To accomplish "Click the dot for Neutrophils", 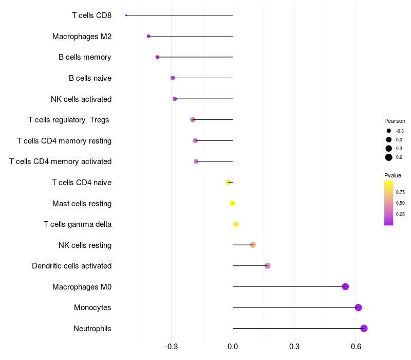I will coord(364,329).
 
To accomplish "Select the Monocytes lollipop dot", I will coord(358,308).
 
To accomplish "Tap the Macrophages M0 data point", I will coord(345,286).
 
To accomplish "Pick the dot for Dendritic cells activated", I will coord(267,266).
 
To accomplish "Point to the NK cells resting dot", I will coord(253,245).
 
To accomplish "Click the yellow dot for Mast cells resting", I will coord(232,203).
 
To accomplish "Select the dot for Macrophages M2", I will coord(148,37).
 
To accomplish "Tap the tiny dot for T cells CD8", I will coord(126,15).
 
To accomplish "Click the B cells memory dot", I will coord(157,57).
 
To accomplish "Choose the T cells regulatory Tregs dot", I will coord(193,120).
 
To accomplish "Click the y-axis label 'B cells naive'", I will coord(90,78).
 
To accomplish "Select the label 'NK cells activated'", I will coord(81,99).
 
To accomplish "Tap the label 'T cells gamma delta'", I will coord(78,224).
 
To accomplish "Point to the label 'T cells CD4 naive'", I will coord(82,183).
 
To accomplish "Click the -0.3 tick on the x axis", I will coord(171,347).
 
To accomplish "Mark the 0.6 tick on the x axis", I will coord(356,347).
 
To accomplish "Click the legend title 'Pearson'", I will coord(395,121).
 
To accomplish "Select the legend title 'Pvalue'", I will coord(393,175).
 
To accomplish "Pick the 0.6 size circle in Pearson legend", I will coord(389,157).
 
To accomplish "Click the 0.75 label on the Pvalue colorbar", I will coord(400,192).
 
